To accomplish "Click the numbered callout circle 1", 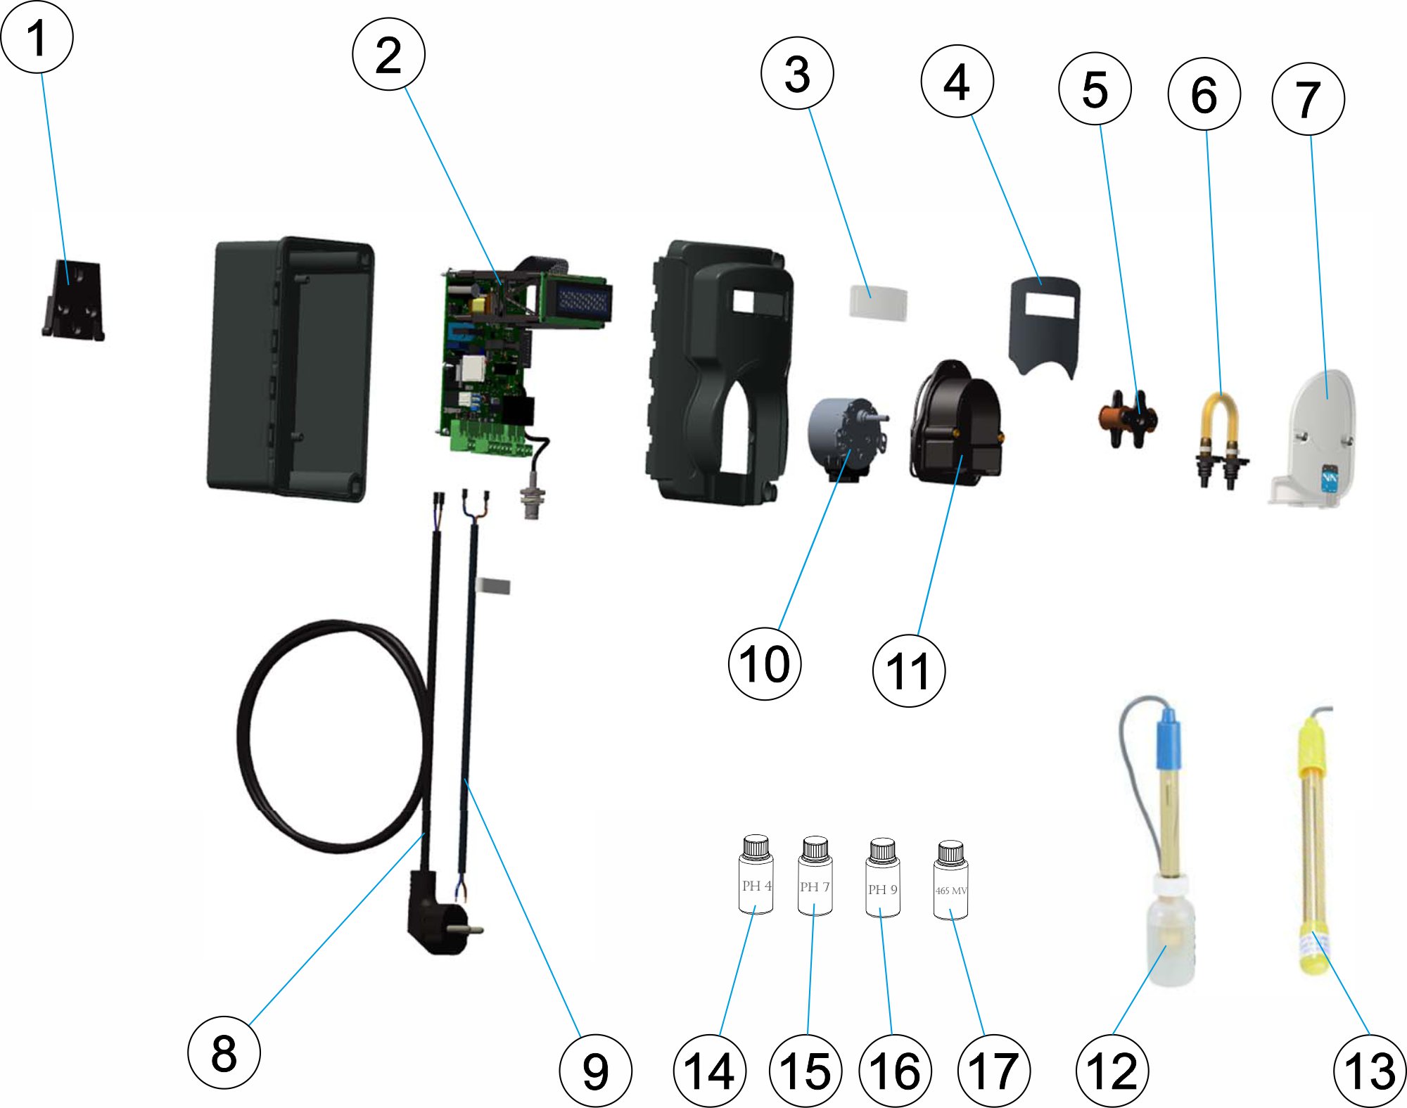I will [37, 37].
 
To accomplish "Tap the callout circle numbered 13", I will [1370, 1070].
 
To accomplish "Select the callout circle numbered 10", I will [765, 663].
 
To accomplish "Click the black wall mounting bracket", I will [73, 300].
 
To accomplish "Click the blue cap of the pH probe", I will [1169, 739].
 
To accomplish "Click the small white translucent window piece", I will [878, 303].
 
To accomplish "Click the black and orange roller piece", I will [1126, 419].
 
